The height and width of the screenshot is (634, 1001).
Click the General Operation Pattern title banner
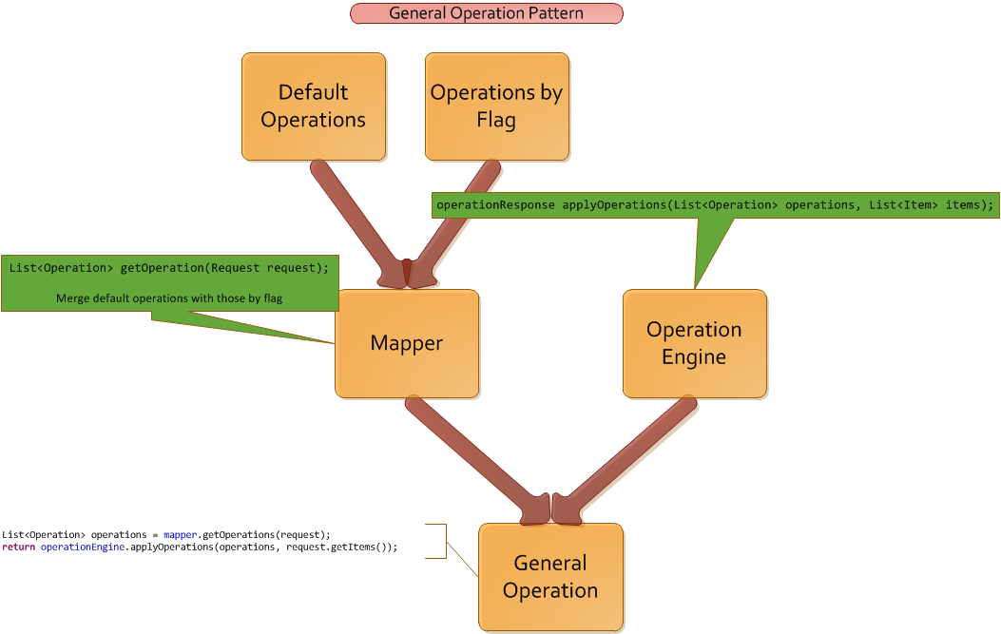coord(486,13)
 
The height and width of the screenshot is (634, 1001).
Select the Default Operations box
coord(314,106)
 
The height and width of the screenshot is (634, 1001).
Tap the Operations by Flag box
coord(496,106)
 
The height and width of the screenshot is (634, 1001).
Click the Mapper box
coord(406,343)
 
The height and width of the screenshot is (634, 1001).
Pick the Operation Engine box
coord(694,343)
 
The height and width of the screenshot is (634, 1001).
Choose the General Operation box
coord(550,577)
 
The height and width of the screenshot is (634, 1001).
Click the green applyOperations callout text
coord(715,204)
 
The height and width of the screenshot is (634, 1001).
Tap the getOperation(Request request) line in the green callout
coord(169,268)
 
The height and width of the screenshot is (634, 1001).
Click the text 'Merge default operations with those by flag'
coord(169,298)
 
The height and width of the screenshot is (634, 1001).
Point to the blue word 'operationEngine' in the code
coord(83,548)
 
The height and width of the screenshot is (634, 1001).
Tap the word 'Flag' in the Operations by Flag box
coord(496,121)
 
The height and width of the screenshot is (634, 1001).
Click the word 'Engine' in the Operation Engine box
coord(694,357)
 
